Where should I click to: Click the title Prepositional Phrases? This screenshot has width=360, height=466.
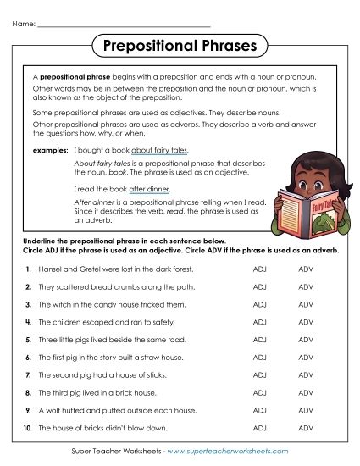pyautogui.click(x=180, y=44)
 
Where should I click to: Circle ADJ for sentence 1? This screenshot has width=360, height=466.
pyautogui.click(x=259, y=269)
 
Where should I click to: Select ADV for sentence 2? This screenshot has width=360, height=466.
pyautogui.click(x=306, y=286)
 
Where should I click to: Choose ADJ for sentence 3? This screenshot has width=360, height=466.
pyautogui.click(x=259, y=304)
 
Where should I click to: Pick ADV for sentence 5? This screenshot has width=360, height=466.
pyautogui.click(x=306, y=339)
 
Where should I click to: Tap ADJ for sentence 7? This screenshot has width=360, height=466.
pyautogui.click(x=259, y=374)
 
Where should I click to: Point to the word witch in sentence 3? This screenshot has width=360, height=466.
pyautogui.click(x=59, y=304)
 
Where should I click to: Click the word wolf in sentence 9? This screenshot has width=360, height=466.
pyautogui.click(x=53, y=410)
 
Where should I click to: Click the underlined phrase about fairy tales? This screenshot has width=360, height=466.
pyautogui.click(x=164, y=149)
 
